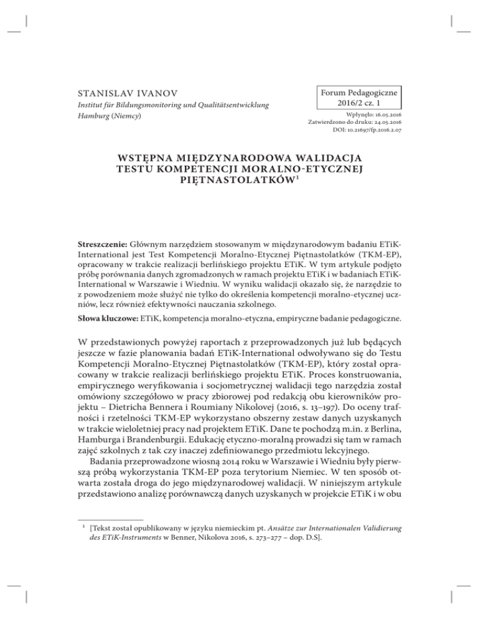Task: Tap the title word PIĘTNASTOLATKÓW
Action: point(238,190)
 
